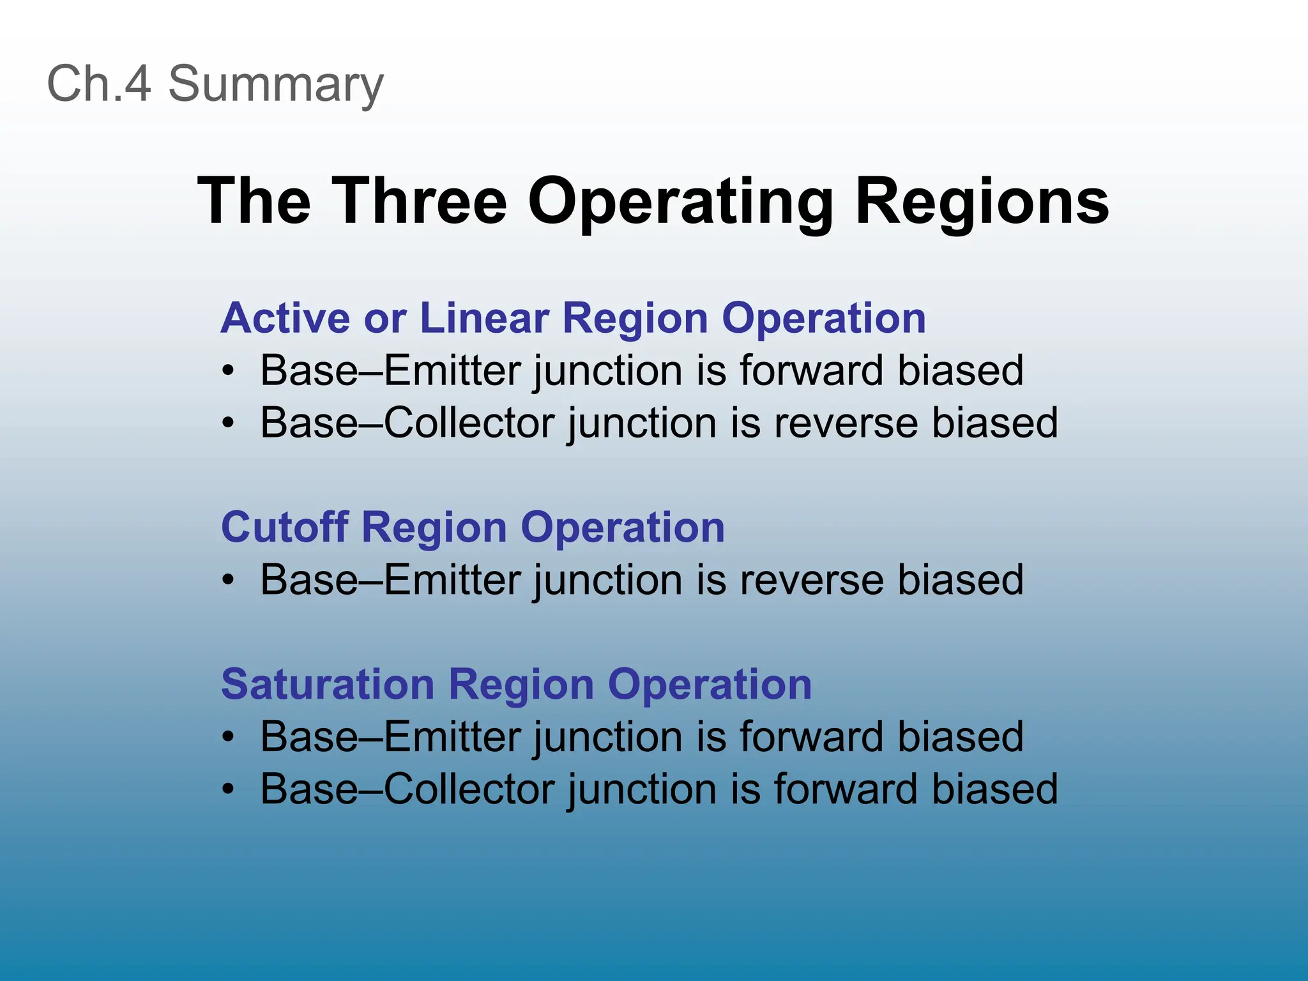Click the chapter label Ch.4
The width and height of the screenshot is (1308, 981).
[99, 84]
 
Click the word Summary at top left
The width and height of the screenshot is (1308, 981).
[275, 85]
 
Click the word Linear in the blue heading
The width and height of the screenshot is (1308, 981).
[484, 317]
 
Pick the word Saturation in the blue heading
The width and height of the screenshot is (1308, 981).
[328, 684]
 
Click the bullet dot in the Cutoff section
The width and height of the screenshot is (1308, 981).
[229, 581]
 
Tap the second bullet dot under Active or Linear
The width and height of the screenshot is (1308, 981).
[229, 423]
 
